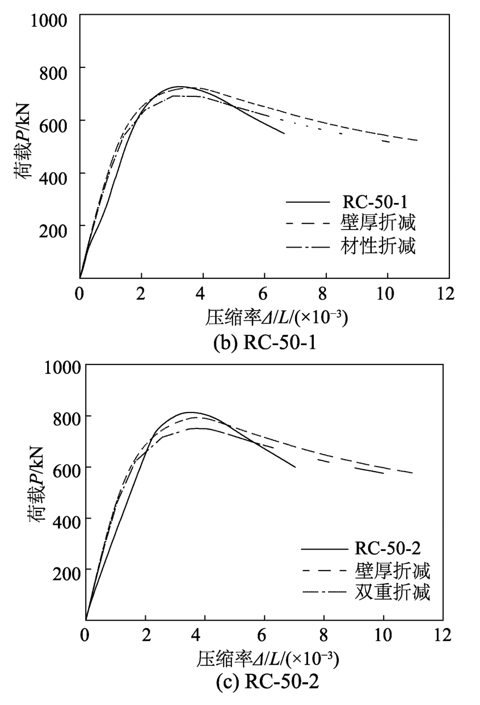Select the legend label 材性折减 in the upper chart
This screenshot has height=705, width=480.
[378, 247]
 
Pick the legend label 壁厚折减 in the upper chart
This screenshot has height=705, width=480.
[378, 223]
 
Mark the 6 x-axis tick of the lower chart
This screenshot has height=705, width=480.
[263, 633]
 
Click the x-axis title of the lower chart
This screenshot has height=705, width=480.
[268, 659]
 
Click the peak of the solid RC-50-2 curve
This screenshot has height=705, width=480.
[191, 412]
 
